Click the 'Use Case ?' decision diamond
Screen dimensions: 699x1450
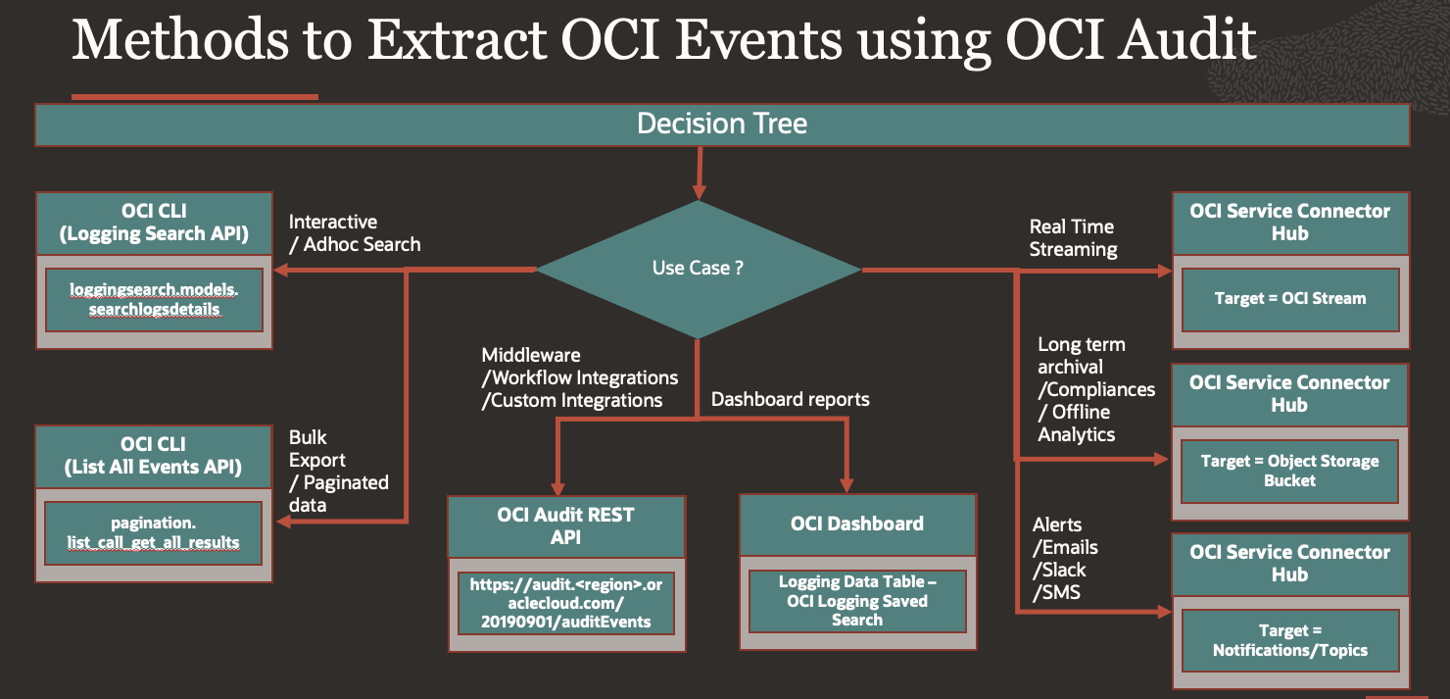(x=698, y=269)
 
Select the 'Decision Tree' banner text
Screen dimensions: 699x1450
(x=722, y=124)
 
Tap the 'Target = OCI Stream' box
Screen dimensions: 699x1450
(x=1289, y=299)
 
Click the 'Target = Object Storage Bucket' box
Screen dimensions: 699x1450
(x=1289, y=471)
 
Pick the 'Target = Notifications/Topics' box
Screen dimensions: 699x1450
(x=1289, y=640)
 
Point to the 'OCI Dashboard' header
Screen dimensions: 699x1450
(x=857, y=524)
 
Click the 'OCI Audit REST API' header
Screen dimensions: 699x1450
(x=566, y=525)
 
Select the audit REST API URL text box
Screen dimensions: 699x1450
(x=566, y=602)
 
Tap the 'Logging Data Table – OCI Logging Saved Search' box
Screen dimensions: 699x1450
(x=857, y=601)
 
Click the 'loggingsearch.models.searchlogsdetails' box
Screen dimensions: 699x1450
(x=153, y=299)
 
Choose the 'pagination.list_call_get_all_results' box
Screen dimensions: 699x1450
(x=153, y=532)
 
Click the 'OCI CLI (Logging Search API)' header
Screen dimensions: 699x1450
(x=154, y=223)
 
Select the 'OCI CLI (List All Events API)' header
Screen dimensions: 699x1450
(x=153, y=456)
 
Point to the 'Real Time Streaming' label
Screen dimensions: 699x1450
(x=1073, y=238)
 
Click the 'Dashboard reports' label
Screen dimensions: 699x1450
(x=790, y=399)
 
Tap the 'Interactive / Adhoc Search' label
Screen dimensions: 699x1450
(x=354, y=233)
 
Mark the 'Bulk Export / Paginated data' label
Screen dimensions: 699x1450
(x=338, y=471)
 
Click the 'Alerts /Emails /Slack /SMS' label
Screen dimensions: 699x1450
(x=1065, y=559)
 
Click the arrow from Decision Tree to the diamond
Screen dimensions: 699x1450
(x=699, y=172)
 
